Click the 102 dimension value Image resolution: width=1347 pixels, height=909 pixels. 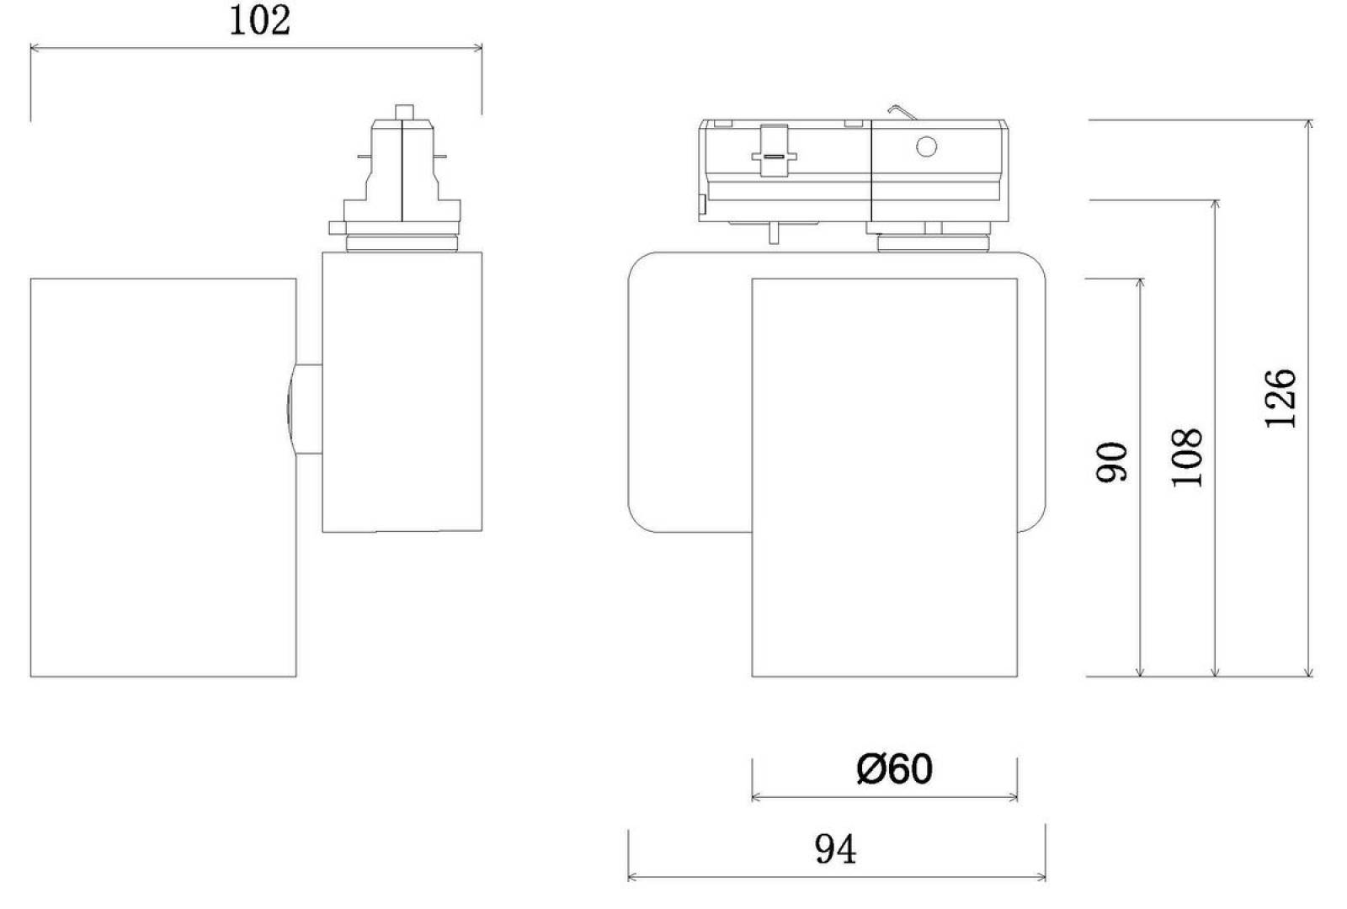point(260,21)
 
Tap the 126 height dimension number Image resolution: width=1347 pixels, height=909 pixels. point(1280,399)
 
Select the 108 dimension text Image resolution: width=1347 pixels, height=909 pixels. point(1187,458)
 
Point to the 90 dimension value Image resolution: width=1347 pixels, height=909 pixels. point(1111,462)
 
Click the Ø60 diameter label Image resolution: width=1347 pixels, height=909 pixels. point(895,769)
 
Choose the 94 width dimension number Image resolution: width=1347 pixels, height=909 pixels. point(835,849)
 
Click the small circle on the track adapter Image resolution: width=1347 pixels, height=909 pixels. point(926,146)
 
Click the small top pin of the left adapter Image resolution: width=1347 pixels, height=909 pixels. point(404,112)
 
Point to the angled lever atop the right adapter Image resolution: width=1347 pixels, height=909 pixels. point(902,112)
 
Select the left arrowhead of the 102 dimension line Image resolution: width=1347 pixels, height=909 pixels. point(35,47)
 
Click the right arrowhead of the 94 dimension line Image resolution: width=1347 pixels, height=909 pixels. point(1041,878)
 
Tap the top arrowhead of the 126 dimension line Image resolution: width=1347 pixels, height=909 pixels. point(1308,125)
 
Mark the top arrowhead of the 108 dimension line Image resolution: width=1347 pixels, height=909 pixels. point(1216,205)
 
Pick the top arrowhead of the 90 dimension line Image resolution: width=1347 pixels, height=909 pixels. point(1140,284)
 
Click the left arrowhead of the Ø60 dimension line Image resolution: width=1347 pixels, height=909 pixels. point(757,797)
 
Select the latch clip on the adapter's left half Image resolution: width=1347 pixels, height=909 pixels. point(774,151)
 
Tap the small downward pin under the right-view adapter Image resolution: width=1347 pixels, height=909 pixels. point(774,233)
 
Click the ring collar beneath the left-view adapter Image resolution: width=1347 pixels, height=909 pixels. point(402,243)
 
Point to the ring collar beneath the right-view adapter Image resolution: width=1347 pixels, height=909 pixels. point(934,243)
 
